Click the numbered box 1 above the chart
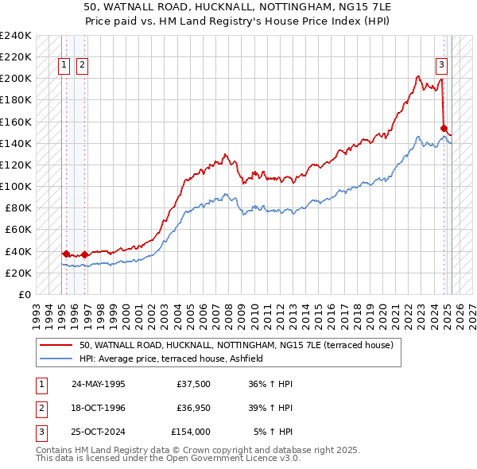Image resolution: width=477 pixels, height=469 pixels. [64, 66]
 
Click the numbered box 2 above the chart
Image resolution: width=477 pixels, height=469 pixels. [82, 66]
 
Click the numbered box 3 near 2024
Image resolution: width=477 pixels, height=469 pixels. [440, 66]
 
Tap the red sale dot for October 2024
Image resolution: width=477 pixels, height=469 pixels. [444, 127]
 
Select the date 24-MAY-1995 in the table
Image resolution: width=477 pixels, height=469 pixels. [98, 384]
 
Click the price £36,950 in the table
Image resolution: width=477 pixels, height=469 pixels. [194, 408]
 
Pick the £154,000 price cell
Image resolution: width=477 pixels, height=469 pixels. [191, 432]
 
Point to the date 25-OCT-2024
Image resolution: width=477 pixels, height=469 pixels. [98, 432]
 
